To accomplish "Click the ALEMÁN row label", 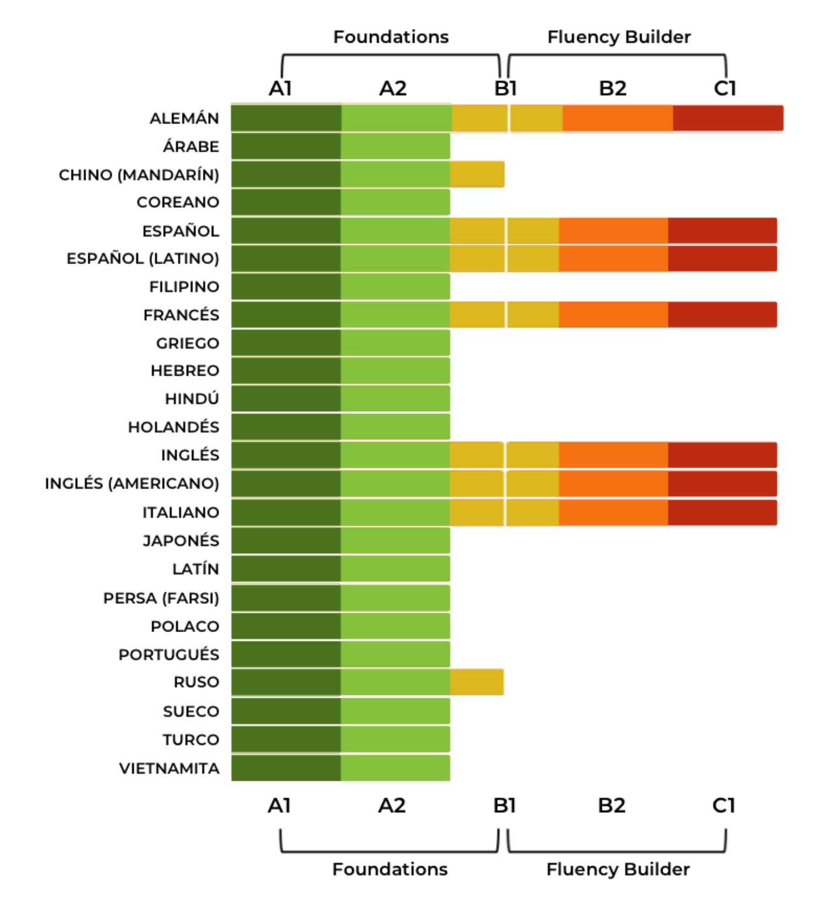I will click(x=184, y=118).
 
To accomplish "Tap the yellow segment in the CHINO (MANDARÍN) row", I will click(x=477, y=174).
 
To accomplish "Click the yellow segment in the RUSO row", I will click(x=477, y=682).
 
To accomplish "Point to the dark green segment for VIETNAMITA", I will click(x=286, y=768).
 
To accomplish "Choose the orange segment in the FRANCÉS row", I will click(x=613, y=315).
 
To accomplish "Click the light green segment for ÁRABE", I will click(x=395, y=146).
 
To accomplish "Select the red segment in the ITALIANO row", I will click(x=722, y=512).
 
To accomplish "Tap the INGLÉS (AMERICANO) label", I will click(x=132, y=483).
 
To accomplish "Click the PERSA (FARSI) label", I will click(x=161, y=598).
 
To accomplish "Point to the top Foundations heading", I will click(x=391, y=37).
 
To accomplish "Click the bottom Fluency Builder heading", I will click(x=618, y=869).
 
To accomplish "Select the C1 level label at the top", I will click(x=725, y=88).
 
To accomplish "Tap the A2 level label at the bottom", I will click(x=392, y=805).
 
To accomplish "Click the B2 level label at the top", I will click(x=612, y=88).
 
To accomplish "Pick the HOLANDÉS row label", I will click(x=173, y=427).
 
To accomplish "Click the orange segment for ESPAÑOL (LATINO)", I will click(x=613, y=259).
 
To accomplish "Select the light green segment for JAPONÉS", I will click(x=395, y=540).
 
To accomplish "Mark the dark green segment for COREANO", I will click(x=286, y=202).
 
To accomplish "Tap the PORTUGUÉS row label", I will click(x=168, y=654).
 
